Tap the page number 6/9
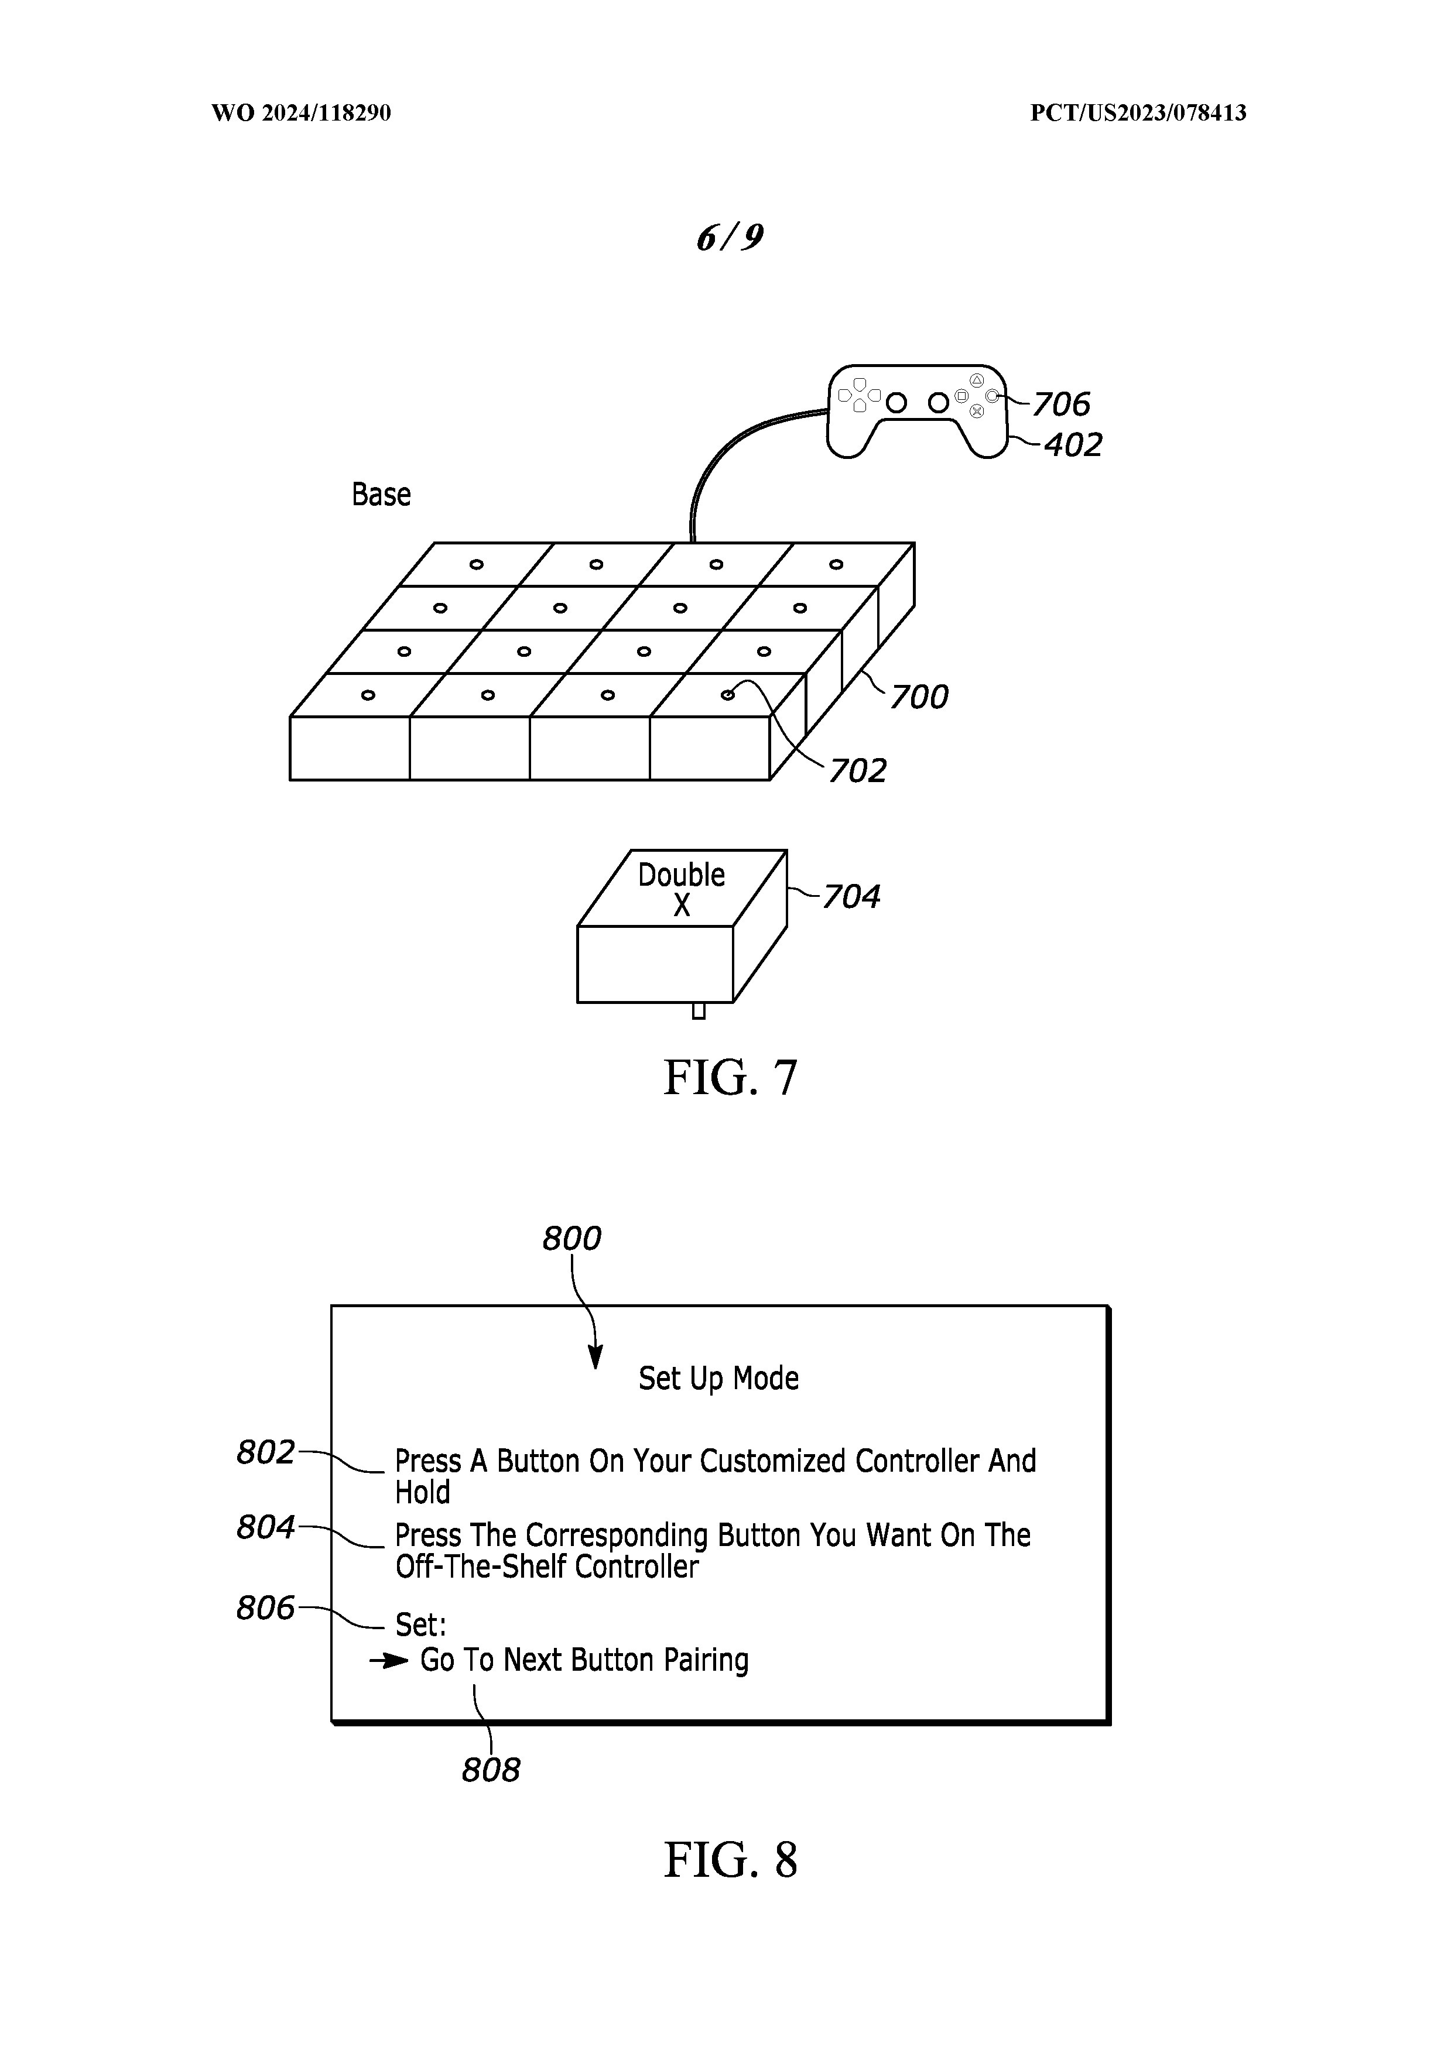pos(729,237)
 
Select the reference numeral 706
pos(1061,405)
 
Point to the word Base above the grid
pos(381,495)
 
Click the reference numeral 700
pos(919,697)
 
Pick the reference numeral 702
pos(857,771)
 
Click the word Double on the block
pos(681,875)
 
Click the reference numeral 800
pos(571,1239)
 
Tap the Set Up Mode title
pos(718,1379)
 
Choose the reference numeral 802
pos(266,1453)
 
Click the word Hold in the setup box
pos(422,1492)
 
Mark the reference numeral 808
pos(490,1770)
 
